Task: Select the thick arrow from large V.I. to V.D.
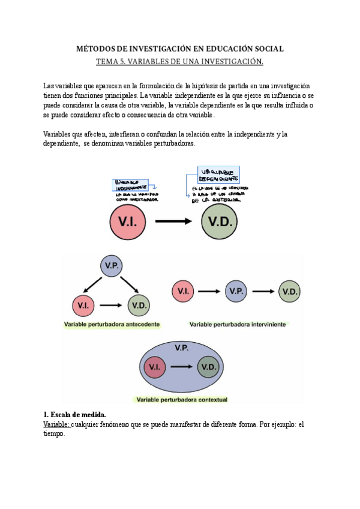(x=174, y=221)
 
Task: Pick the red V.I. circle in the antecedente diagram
(x=84, y=306)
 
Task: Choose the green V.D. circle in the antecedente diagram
(x=138, y=306)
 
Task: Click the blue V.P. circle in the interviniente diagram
(x=236, y=292)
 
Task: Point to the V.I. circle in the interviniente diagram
(x=183, y=292)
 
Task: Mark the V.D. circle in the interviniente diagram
(x=290, y=292)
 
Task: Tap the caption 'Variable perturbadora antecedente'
(x=112, y=325)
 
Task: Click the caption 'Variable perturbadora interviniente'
(x=238, y=325)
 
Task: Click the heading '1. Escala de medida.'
(x=74, y=415)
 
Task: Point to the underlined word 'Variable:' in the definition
(x=57, y=424)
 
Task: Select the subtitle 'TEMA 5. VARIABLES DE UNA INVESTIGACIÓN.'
(x=180, y=61)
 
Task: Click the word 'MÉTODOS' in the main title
(x=95, y=49)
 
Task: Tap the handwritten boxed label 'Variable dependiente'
(x=216, y=175)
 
